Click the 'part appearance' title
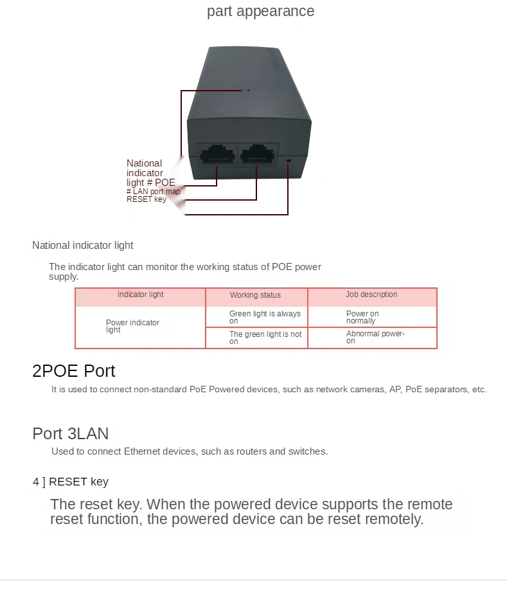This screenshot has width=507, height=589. click(x=260, y=12)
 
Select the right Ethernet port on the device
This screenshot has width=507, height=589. click(x=258, y=154)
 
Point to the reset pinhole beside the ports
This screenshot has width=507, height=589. click(x=288, y=160)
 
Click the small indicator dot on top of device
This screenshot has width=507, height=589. click(x=249, y=91)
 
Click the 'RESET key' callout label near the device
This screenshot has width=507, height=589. click(x=147, y=199)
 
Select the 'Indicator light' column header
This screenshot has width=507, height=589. click(x=140, y=295)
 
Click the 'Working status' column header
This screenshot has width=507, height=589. click(x=255, y=296)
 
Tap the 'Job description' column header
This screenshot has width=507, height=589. click(x=371, y=295)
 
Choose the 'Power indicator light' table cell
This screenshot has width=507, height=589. click(x=132, y=326)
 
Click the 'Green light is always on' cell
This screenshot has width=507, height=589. click(x=265, y=317)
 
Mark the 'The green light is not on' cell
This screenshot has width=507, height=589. click(x=265, y=338)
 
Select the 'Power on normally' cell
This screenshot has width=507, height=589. click(x=362, y=317)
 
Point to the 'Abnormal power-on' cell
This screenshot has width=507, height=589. click(x=375, y=338)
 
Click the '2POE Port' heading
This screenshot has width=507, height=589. click(x=74, y=371)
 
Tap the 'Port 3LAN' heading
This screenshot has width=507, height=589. click(x=71, y=433)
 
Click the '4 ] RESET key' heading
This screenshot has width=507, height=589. click(x=71, y=482)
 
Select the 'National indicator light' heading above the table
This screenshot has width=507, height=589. click(x=83, y=245)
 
